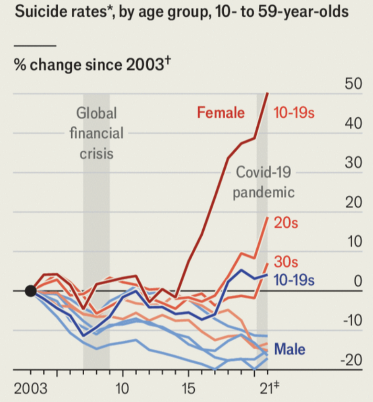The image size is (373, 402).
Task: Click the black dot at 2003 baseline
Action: pos(31,290)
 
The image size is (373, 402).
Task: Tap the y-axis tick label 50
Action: pos(353,84)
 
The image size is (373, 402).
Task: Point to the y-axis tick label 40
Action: pos(353,123)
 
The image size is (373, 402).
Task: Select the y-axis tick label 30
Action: pos(353,163)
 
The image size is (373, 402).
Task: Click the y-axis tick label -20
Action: pos(351,360)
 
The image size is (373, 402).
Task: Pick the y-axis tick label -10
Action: pos(351,320)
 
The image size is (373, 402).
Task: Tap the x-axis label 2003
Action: pos(31,387)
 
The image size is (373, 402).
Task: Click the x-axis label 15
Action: pos(188,387)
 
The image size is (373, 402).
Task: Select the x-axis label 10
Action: pos(122,387)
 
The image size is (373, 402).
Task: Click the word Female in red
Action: pos(221,113)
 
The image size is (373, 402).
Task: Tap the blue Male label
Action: pos(290,349)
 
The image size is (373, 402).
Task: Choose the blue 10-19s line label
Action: pos(294,280)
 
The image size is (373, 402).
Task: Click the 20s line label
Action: pos(285,223)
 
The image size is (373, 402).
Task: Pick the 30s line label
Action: pos(285,262)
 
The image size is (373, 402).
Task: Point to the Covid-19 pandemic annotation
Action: pos(264,182)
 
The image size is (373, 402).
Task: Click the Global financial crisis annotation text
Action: pos(97,133)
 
